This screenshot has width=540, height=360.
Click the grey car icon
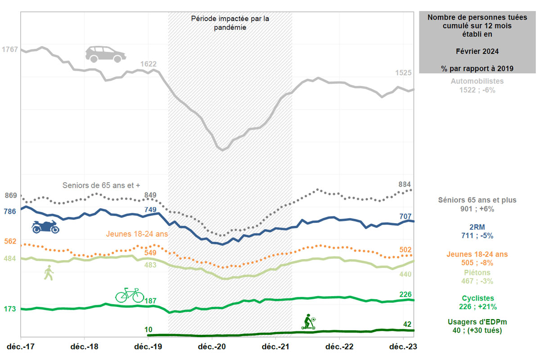106,54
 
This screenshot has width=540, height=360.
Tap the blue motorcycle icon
45,227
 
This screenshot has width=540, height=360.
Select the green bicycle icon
130,295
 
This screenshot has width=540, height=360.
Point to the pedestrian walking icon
49,273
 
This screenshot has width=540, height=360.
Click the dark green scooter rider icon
309,322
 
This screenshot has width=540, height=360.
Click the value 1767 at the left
10,49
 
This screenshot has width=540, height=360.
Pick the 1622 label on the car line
148,64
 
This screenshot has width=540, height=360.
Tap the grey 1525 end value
403,73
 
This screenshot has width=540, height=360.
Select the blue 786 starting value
10,211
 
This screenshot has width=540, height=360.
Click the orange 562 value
10,242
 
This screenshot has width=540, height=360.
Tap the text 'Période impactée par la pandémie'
230,23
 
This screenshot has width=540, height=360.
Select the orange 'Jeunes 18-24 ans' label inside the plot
136,234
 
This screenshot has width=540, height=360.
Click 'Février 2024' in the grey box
477,52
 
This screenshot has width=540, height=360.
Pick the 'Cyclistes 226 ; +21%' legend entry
477,302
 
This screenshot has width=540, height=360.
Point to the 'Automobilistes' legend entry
477,81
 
